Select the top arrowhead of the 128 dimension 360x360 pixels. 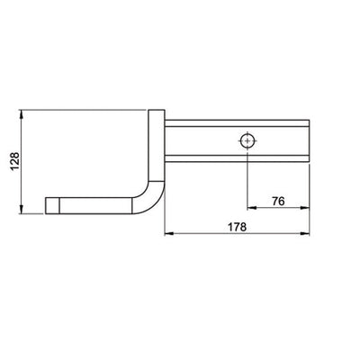pyautogui.click(x=21, y=114)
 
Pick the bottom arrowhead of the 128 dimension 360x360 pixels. pyautogui.click(x=21, y=211)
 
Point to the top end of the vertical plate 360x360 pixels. pyautogui.click(x=157, y=112)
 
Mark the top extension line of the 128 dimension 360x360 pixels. pyautogui.click(x=81, y=110)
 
